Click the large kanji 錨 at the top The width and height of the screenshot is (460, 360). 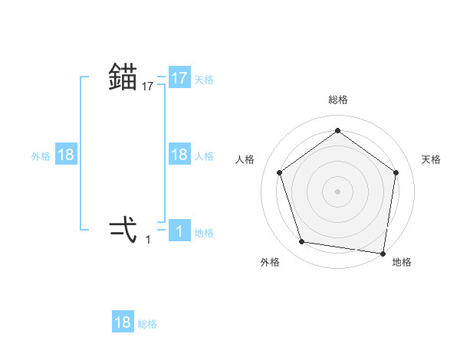point(123,77)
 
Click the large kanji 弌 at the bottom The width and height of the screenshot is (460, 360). point(123,229)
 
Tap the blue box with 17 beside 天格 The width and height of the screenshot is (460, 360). point(179,78)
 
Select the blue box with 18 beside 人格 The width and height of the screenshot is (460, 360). point(179,155)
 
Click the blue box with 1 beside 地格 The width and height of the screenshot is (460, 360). point(179,231)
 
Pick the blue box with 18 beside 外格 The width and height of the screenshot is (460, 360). point(66,155)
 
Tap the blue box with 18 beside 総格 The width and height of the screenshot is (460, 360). point(123,322)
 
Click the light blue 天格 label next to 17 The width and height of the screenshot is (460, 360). point(204,79)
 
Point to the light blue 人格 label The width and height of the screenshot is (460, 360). point(204,155)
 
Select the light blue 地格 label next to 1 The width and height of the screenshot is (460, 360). point(204,232)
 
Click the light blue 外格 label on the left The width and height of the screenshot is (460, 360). point(41,155)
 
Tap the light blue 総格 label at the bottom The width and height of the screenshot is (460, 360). point(147,323)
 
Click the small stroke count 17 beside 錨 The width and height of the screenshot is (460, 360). point(148,87)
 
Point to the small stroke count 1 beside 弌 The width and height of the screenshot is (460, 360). point(148,240)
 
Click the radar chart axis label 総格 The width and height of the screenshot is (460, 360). point(337,100)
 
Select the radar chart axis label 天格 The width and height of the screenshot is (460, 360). point(431,159)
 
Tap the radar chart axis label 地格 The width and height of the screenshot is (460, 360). point(402,262)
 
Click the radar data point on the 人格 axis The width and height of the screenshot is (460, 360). point(279,172)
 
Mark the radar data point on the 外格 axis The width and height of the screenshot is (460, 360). point(302,242)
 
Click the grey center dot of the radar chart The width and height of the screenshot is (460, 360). point(337,191)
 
